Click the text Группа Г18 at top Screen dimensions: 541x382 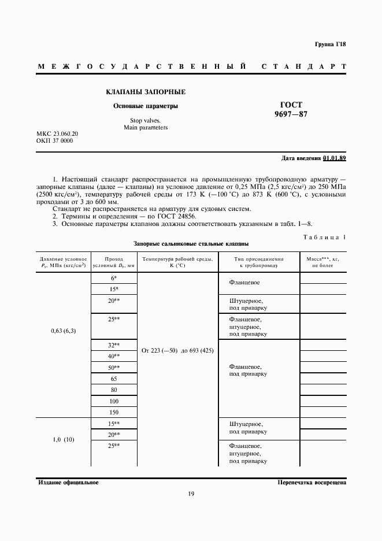point(330,45)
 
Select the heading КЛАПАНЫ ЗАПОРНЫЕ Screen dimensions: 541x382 point(146,92)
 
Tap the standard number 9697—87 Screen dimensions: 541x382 point(291,114)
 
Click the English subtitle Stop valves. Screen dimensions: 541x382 point(146,120)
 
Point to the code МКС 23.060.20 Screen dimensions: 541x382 point(57,134)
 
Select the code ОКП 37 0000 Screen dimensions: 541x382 point(54,140)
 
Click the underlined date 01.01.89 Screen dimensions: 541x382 point(335,158)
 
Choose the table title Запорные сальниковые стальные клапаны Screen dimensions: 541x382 point(191,244)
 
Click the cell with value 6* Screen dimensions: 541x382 point(113,278)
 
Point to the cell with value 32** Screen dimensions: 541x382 point(113,345)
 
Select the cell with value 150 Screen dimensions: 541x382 point(113,412)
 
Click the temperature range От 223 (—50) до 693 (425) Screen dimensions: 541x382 point(177,351)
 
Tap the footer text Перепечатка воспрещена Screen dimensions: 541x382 point(311,481)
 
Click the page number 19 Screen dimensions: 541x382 point(191,494)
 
